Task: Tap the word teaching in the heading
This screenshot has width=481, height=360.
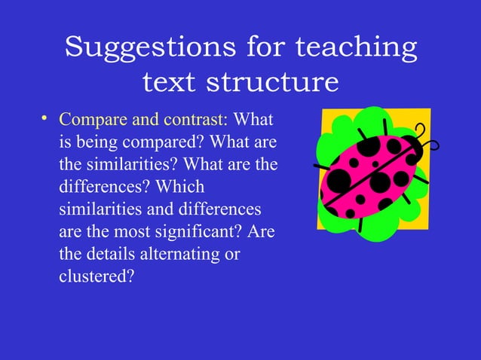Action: pos(355,47)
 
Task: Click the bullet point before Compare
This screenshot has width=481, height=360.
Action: pos(45,118)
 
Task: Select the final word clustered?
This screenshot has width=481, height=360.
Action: pos(96,277)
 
